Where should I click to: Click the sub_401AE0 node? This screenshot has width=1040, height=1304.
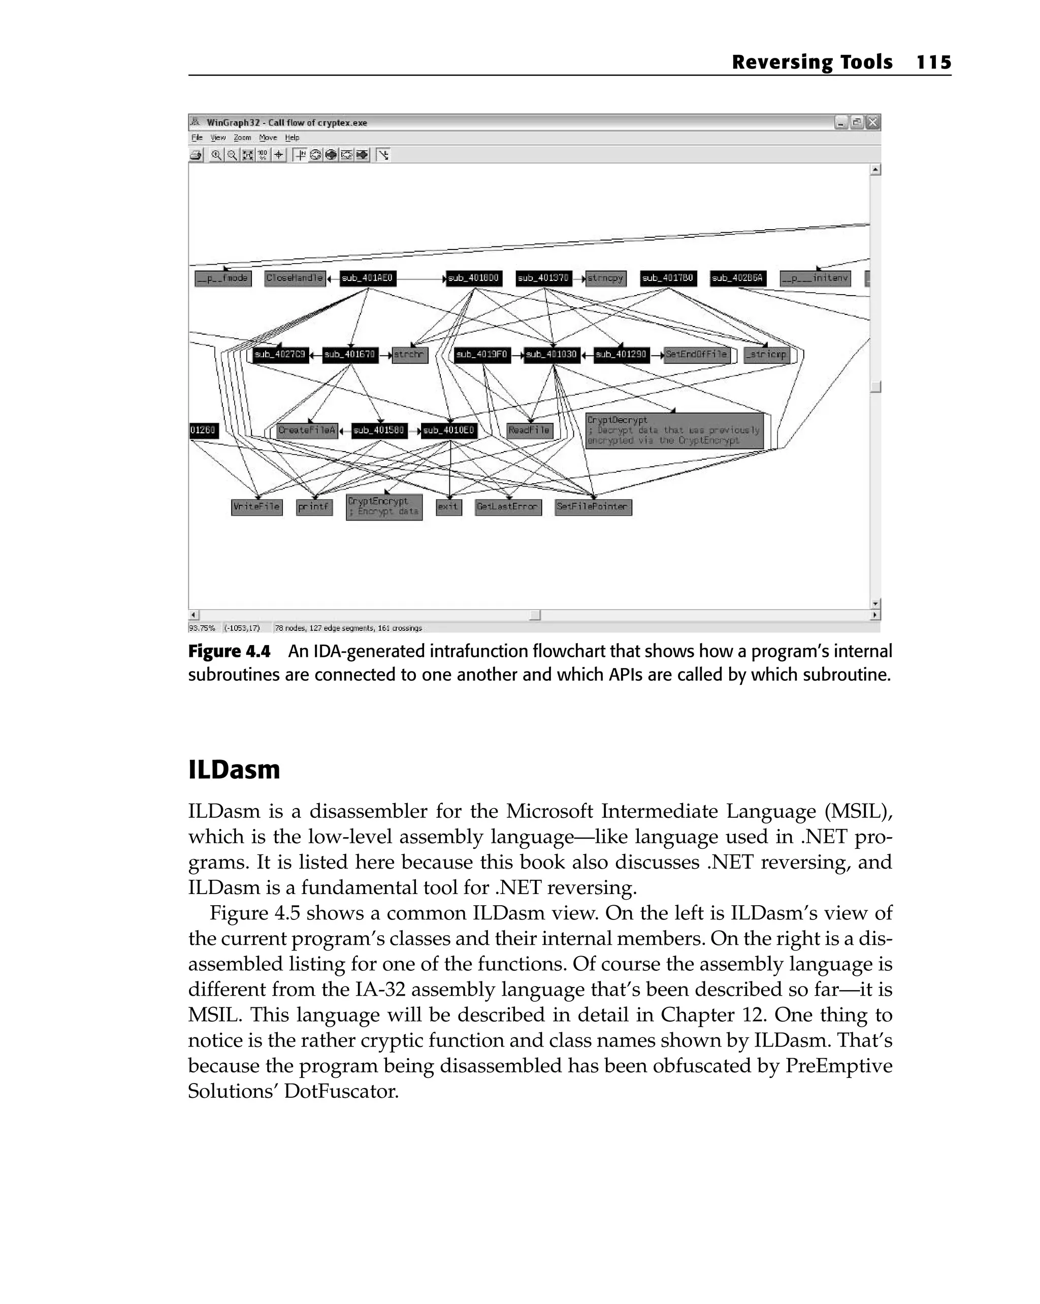tap(367, 278)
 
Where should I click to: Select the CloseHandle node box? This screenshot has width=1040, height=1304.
tap(295, 278)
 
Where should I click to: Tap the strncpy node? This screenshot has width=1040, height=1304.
tap(605, 278)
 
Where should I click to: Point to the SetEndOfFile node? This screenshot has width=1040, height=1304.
tap(696, 355)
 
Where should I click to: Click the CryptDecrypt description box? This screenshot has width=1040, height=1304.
tap(674, 430)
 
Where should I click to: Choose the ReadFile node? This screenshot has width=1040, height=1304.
tap(529, 430)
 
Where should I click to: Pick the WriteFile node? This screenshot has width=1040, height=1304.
tap(256, 507)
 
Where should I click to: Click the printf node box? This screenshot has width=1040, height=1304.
tap(314, 507)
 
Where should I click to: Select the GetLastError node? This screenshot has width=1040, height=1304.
tap(507, 507)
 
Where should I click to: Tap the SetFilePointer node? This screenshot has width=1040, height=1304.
tap(593, 507)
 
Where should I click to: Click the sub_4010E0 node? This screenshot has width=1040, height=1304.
tap(448, 430)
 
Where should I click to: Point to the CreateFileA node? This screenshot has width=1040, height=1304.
tap(307, 430)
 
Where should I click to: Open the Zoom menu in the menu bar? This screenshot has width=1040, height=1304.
tap(242, 138)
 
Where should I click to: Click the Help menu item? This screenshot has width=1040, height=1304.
tap(292, 138)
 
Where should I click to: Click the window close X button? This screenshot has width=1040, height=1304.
tap(872, 123)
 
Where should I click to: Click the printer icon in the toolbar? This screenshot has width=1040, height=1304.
tap(196, 155)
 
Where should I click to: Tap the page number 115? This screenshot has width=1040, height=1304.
tap(933, 62)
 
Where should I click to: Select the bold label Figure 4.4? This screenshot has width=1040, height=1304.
tap(229, 651)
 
